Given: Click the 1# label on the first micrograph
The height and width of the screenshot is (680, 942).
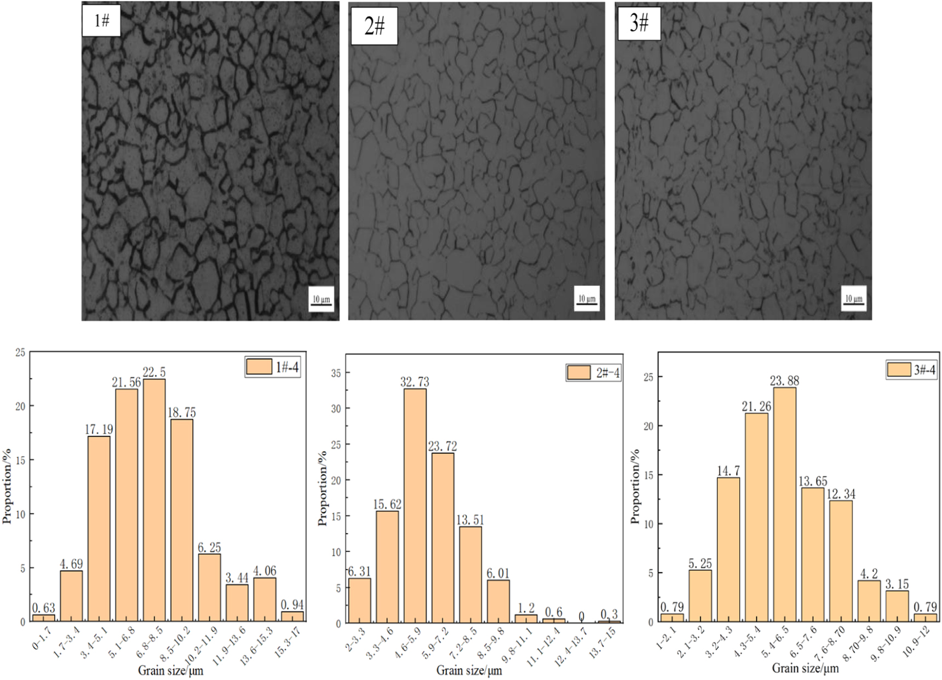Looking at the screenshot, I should click(101, 21).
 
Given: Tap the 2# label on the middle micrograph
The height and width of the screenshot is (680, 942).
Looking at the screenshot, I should click(375, 25).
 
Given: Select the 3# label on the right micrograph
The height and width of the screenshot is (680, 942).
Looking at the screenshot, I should click(639, 23).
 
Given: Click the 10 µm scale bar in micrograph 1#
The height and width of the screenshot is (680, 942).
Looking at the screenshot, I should click(321, 299).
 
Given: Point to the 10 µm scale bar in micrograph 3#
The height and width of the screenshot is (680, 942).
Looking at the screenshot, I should click(853, 299).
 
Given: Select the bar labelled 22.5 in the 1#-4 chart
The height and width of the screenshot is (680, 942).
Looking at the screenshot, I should click(154, 499).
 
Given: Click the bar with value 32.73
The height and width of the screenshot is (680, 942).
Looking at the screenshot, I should click(415, 505).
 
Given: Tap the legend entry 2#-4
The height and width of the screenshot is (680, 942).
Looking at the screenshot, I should click(594, 373).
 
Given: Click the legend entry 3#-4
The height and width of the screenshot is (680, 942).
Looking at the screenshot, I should click(911, 370).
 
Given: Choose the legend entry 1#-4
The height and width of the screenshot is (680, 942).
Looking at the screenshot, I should click(273, 367).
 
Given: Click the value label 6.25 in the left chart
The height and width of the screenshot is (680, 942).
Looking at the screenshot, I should click(209, 548).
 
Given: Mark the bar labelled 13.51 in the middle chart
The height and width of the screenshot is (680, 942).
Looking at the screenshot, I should click(470, 574).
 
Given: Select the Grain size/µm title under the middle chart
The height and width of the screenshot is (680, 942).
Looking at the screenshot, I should click(469, 670).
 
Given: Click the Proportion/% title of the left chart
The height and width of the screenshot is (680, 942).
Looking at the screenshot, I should click(7, 486).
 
